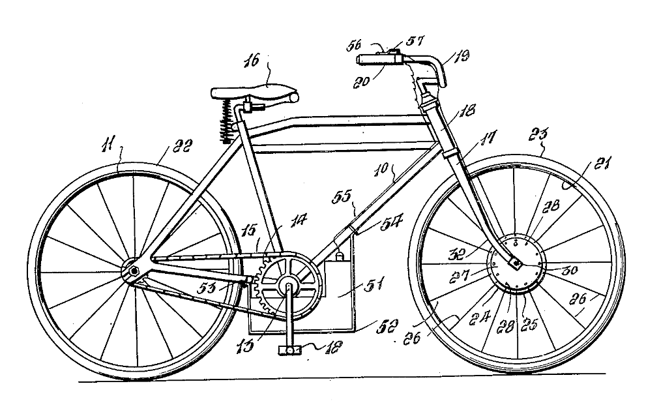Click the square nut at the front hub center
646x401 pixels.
pyautogui.click(x=515, y=264)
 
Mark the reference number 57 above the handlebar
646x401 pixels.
pyautogui.click(x=413, y=40)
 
